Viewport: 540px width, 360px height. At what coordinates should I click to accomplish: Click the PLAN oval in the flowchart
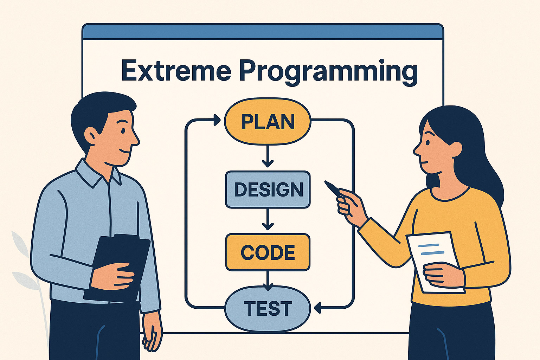coord(268,122)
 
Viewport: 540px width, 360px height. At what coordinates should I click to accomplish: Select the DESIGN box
coord(268,189)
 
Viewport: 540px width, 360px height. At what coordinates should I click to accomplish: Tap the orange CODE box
coord(268,252)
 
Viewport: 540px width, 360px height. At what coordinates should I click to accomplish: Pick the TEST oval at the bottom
coord(268,308)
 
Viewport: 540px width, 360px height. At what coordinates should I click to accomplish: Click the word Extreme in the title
coord(176,71)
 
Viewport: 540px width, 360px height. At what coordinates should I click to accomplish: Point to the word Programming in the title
coord(328,72)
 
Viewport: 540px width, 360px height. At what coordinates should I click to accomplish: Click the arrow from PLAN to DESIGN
coord(268,156)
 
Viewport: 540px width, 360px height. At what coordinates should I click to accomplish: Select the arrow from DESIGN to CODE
coord(268,220)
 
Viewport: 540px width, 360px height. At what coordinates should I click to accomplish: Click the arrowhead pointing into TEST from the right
coord(318,308)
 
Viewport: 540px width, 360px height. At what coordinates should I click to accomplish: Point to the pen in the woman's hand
coord(332,188)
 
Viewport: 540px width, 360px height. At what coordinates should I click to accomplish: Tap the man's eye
coord(123,130)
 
